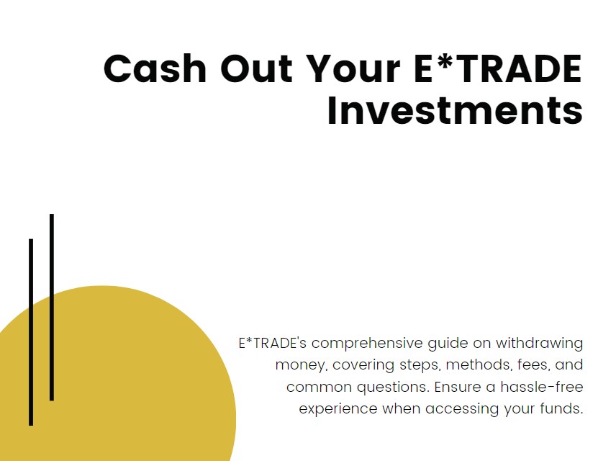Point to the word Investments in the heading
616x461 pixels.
tap(455, 111)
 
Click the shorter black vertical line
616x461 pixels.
tap(31, 331)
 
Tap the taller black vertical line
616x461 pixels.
tap(52, 306)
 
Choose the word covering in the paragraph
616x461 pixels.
tap(361, 364)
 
